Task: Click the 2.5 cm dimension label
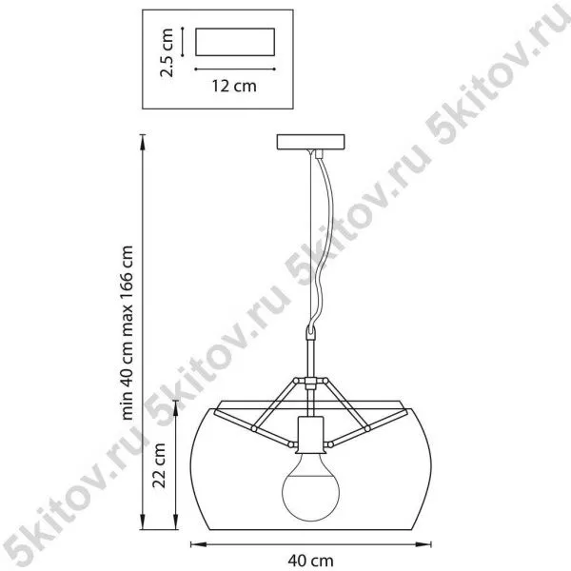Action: pyautogui.click(x=167, y=52)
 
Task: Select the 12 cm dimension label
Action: pyautogui.click(x=234, y=86)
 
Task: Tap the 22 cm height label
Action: pyautogui.click(x=159, y=465)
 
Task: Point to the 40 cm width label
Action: pyautogui.click(x=310, y=561)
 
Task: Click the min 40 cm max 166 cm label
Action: pyautogui.click(x=128, y=333)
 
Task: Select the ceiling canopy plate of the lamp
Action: pyautogui.click(x=310, y=142)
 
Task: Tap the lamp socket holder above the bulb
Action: pyautogui.click(x=310, y=435)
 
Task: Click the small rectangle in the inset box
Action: pyautogui.click(x=235, y=42)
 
